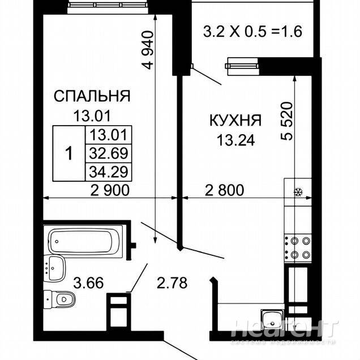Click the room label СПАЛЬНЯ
92,96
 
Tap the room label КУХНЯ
235,120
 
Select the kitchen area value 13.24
236,140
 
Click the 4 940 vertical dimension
148,50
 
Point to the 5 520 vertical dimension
287,121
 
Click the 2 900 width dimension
110,190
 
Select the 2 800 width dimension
224,190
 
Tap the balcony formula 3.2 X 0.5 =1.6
252,32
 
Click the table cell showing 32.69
108,153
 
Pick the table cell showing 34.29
108,172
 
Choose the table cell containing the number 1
69,153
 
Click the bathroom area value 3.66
88,282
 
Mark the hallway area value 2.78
172,282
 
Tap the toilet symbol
59,299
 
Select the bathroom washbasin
55,268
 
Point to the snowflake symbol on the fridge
298,192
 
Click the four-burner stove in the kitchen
298,248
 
